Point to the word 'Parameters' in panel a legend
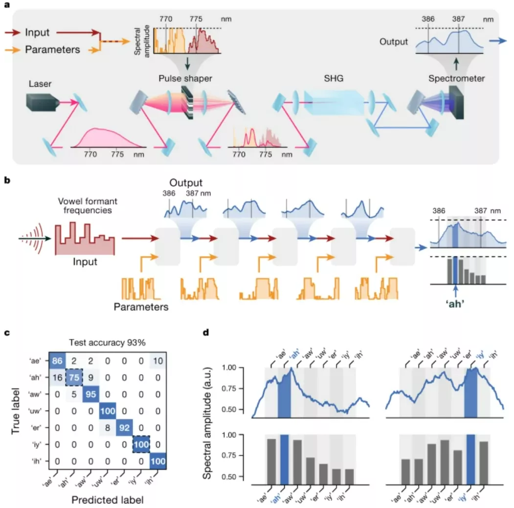click(x=52, y=49)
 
